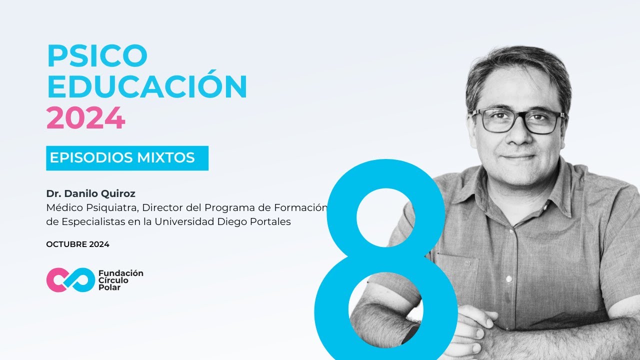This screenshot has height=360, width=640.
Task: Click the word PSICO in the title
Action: [x=97, y=56]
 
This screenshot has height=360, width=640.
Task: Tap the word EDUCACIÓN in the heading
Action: [x=147, y=87]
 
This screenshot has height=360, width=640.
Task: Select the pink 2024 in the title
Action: [x=85, y=119]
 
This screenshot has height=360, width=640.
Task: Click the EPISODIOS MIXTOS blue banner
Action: [x=127, y=158]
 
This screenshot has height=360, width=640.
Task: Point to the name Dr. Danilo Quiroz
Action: [x=90, y=193]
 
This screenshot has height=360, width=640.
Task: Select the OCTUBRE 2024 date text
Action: [x=77, y=244]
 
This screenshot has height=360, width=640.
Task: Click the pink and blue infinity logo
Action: [x=70, y=280]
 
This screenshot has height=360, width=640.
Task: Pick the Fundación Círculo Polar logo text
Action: [x=120, y=280]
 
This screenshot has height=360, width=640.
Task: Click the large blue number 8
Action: [x=385, y=260]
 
